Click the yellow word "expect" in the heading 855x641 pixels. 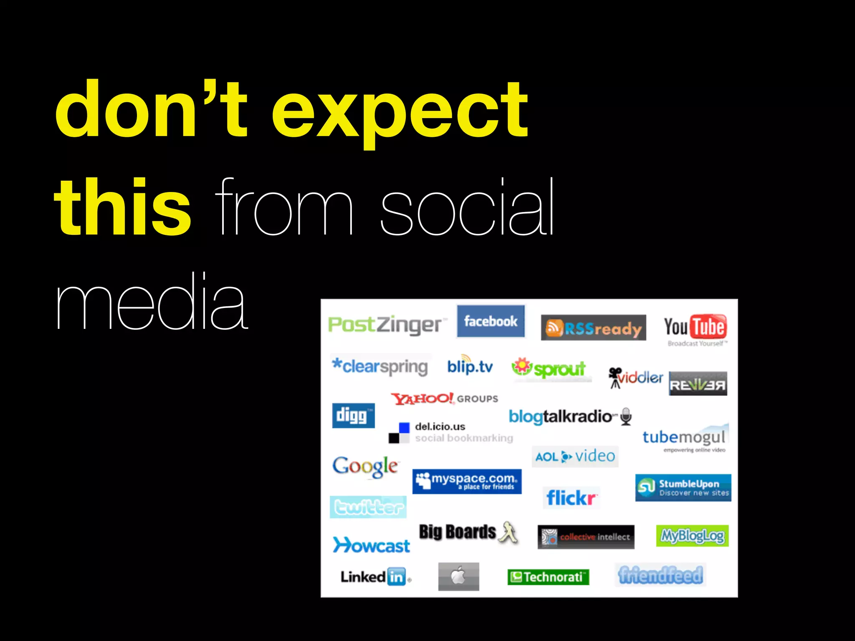400,111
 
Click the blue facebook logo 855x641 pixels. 491,321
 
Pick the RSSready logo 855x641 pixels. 593,328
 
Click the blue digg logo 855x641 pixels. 353,415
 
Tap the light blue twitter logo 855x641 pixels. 368,507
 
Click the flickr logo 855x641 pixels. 571,497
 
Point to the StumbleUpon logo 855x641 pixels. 683,487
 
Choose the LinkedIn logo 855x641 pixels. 375,577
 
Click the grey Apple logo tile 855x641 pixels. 458,576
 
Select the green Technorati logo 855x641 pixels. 548,577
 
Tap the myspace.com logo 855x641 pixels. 467,481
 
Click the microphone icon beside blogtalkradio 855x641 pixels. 625,416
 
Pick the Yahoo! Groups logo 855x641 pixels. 444,399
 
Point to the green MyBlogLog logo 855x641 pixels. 692,536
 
